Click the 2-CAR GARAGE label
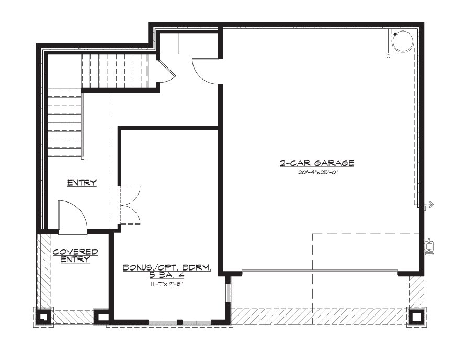317,163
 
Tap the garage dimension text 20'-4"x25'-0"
317,173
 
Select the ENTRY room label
82,183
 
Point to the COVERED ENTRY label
75,255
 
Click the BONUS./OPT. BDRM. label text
167,267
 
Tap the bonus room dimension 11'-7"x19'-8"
167,284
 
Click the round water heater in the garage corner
402,41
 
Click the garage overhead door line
319,271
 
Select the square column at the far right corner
416,317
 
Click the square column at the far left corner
43,317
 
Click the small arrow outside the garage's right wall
429,204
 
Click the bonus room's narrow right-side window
228,293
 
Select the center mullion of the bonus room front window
179,322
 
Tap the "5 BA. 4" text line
167,275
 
